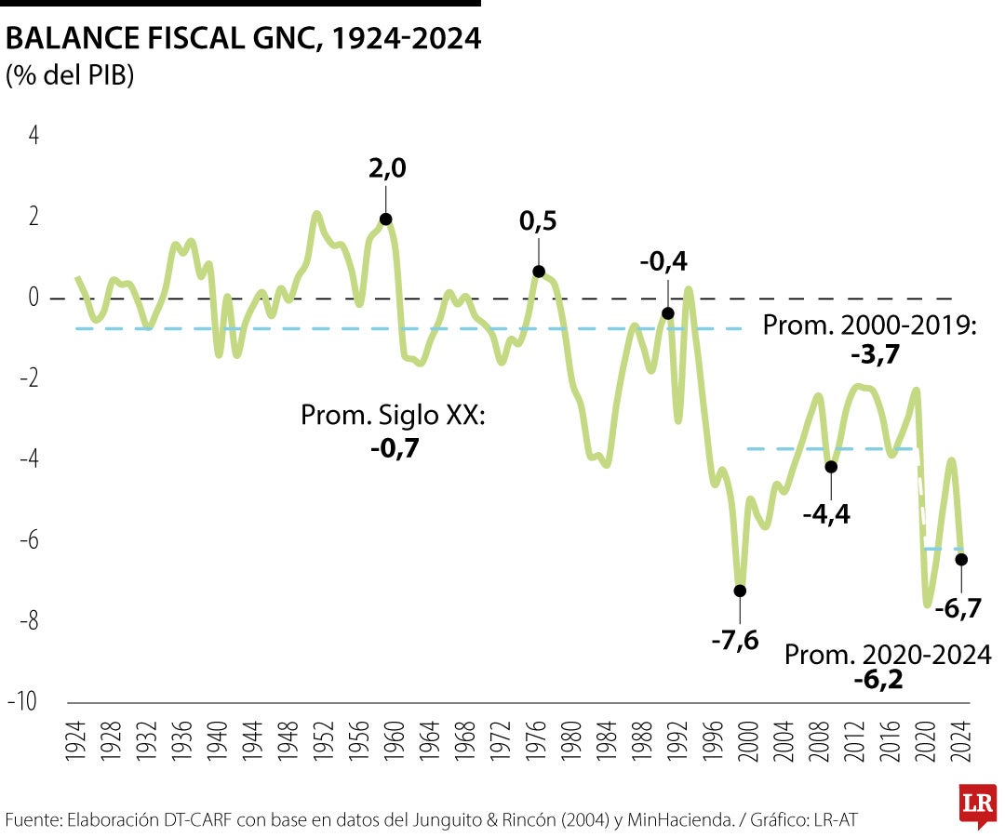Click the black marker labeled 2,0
pyautogui.click(x=385, y=219)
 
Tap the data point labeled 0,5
pyautogui.click(x=539, y=272)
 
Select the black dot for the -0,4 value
pyautogui.click(x=667, y=313)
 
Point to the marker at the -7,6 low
pyautogui.click(x=740, y=591)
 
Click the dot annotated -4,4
pyautogui.click(x=831, y=467)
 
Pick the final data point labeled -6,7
pyautogui.click(x=961, y=559)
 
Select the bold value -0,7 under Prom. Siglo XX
pyautogui.click(x=393, y=447)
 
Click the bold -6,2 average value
pyautogui.click(x=878, y=680)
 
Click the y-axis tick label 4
pyautogui.click(x=34, y=136)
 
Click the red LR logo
pyautogui.click(x=978, y=804)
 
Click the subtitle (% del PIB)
pyautogui.click(x=70, y=75)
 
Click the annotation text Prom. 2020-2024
pyautogui.click(x=888, y=654)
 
